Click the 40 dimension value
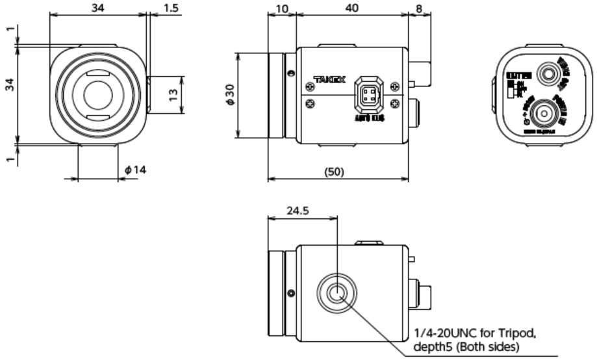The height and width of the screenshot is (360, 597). (x=351, y=8)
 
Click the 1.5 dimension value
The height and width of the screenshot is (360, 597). (x=172, y=8)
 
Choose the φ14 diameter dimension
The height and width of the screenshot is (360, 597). (x=136, y=170)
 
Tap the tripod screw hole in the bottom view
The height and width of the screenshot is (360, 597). (x=337, y=293)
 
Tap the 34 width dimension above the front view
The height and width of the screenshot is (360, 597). (x=99, y=8)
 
